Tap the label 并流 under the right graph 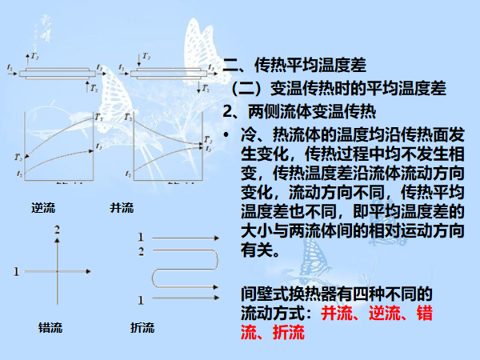122,208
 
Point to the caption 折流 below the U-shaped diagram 142,328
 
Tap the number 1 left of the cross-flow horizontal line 16,273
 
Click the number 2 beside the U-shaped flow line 142,252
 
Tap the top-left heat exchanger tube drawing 55,73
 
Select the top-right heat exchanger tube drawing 167,73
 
